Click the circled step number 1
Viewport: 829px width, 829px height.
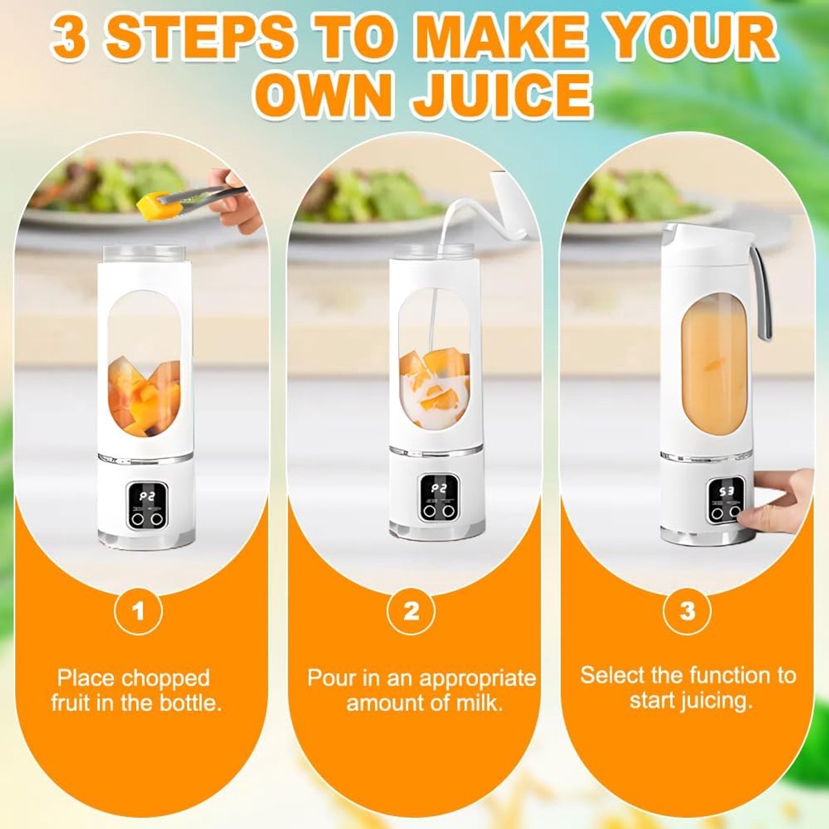(138, 611)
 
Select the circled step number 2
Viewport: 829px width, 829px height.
(411, 611)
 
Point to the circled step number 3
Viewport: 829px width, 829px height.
(687, 611)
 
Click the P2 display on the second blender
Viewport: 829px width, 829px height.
(439, 488)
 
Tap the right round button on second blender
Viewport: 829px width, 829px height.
(450, 511)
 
